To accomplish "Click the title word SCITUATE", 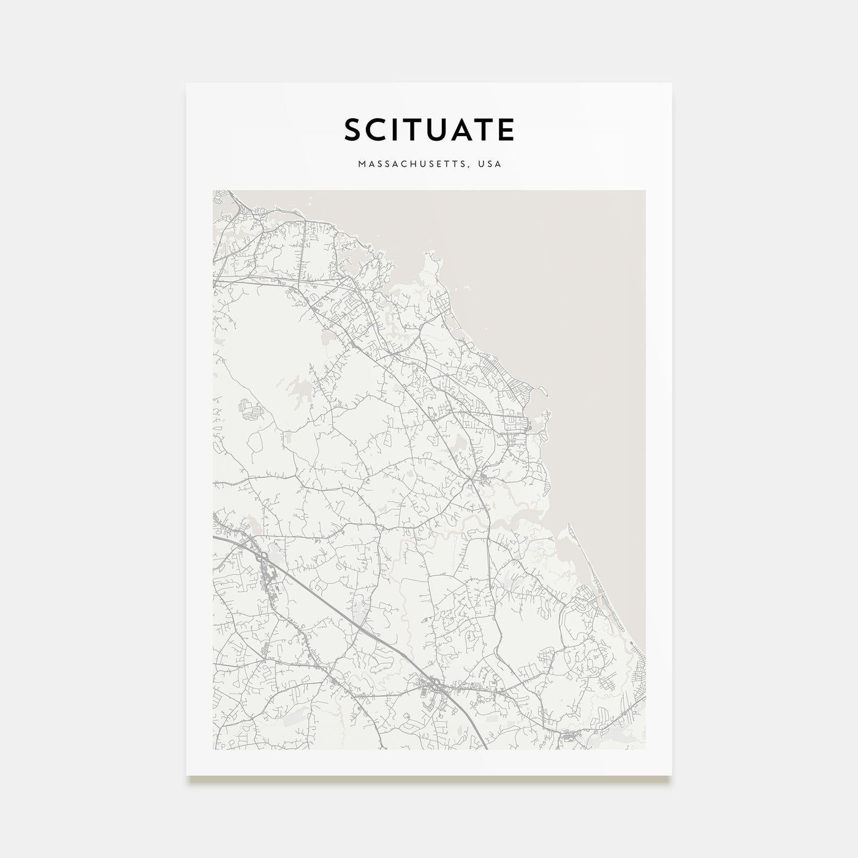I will click(429, 130).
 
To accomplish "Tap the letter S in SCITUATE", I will click(353, 130).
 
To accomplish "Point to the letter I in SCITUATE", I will click(398, 130).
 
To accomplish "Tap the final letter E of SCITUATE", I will click(506, 130).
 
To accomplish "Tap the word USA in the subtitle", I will click(492, 164).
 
